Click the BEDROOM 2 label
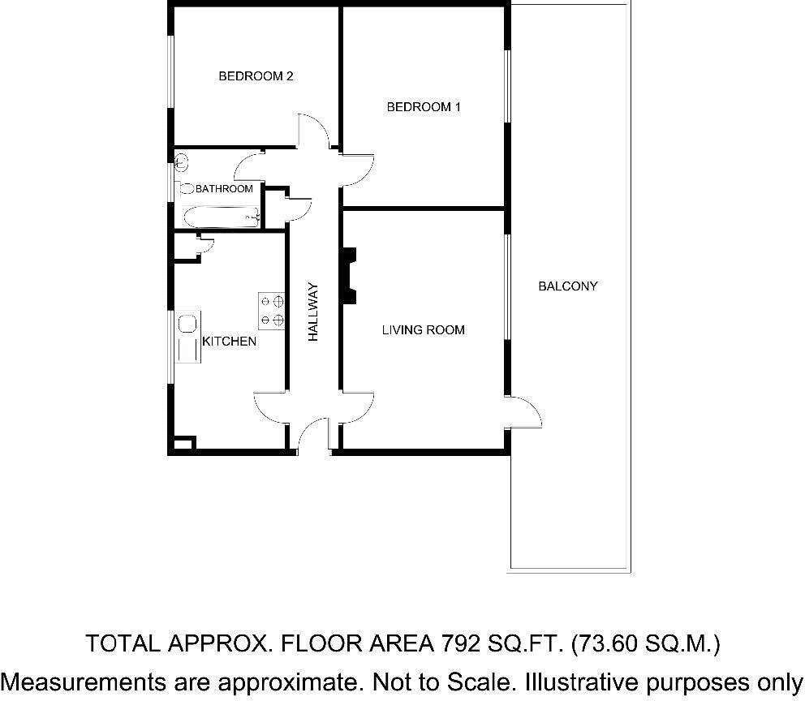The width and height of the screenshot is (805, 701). (x=256, y=76)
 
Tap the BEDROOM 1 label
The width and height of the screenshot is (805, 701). (x=424, y=106)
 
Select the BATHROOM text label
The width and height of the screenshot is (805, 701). (x=224, y=189)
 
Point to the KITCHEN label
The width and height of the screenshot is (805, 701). (x=229, y=342)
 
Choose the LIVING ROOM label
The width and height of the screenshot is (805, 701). (x=423, y=329)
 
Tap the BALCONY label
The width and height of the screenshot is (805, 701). (x=567, y=286)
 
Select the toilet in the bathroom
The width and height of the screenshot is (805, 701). (x=185, y=188)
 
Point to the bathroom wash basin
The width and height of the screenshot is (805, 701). (x=180, y=163)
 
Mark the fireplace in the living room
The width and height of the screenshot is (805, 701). (x=349, y=276)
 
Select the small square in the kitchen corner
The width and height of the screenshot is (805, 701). (x=183, y=444)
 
